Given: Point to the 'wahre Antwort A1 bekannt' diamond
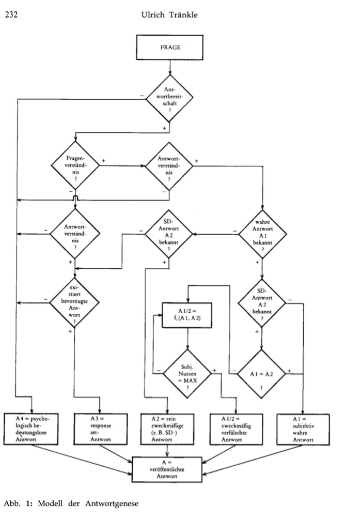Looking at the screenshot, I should pyautogui.click(x=262, y=234).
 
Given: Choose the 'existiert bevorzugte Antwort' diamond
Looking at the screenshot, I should pyautogui.click(x=75, y=300).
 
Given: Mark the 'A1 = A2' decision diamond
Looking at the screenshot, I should pyautogui.click(x=262, y=372).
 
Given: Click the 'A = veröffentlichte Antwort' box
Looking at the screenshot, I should pyautogui.click(x=167, y=468).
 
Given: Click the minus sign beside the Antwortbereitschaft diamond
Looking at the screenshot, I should pyautogui.click(x=141, y=95).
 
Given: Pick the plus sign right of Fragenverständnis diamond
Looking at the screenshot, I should pyautogui.click(x=103, y=161).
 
